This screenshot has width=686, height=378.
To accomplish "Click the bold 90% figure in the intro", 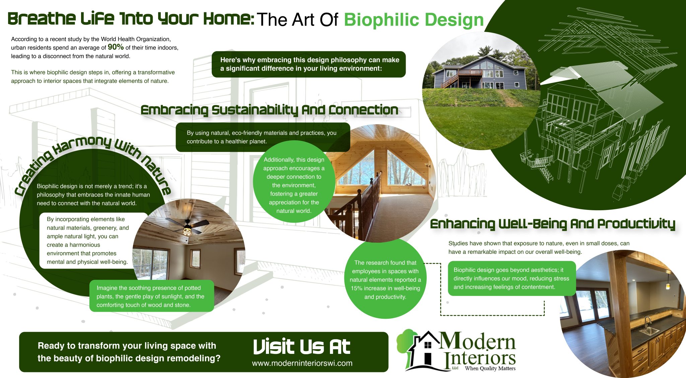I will [x=116, y=47].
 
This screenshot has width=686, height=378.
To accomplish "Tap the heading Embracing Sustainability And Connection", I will [x=269, y=110].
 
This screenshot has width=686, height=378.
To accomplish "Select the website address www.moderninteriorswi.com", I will [x=302, y=363].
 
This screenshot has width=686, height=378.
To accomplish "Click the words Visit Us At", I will [x=301, y=347].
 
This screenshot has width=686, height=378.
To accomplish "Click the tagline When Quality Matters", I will [x=490, y=369].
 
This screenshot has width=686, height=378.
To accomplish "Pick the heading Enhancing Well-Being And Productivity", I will [x=552, y=224].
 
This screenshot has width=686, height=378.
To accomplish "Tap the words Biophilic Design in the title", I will [x=414, y=20].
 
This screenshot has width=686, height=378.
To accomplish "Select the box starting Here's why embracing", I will [x=309, y=64].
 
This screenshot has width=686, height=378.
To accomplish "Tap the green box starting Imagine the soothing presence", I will [x=151, y=296].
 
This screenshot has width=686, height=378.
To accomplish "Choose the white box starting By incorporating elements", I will [x=88, y=240].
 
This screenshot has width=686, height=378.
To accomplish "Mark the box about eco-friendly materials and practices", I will [x=262, y=137].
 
